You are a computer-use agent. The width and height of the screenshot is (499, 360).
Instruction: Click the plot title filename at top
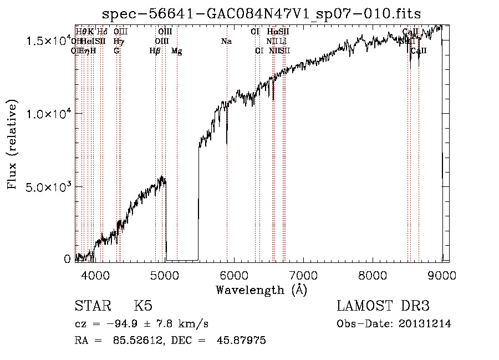pos(262,14)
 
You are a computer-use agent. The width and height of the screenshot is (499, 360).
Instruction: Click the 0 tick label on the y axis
pos(67,259)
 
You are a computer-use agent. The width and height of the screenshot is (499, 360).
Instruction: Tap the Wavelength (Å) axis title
pos(261,290)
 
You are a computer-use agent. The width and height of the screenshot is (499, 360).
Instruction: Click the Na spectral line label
pos(226,42)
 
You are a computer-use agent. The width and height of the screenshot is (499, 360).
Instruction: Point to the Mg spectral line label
pos(176,51)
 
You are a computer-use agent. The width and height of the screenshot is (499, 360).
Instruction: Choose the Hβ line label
pos(155,51)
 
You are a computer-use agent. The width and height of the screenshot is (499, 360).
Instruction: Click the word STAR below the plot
pos(91,307)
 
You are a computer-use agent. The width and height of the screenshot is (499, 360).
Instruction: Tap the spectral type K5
pos(143,307)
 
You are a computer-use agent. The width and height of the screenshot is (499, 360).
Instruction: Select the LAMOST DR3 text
pos(383,307)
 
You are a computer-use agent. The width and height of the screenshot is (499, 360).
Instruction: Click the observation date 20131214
pos(427,324)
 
